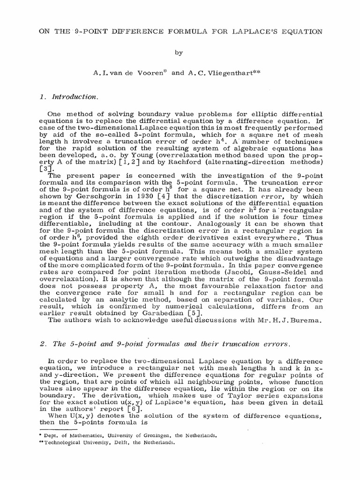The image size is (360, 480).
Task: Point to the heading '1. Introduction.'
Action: click(69, 97)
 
